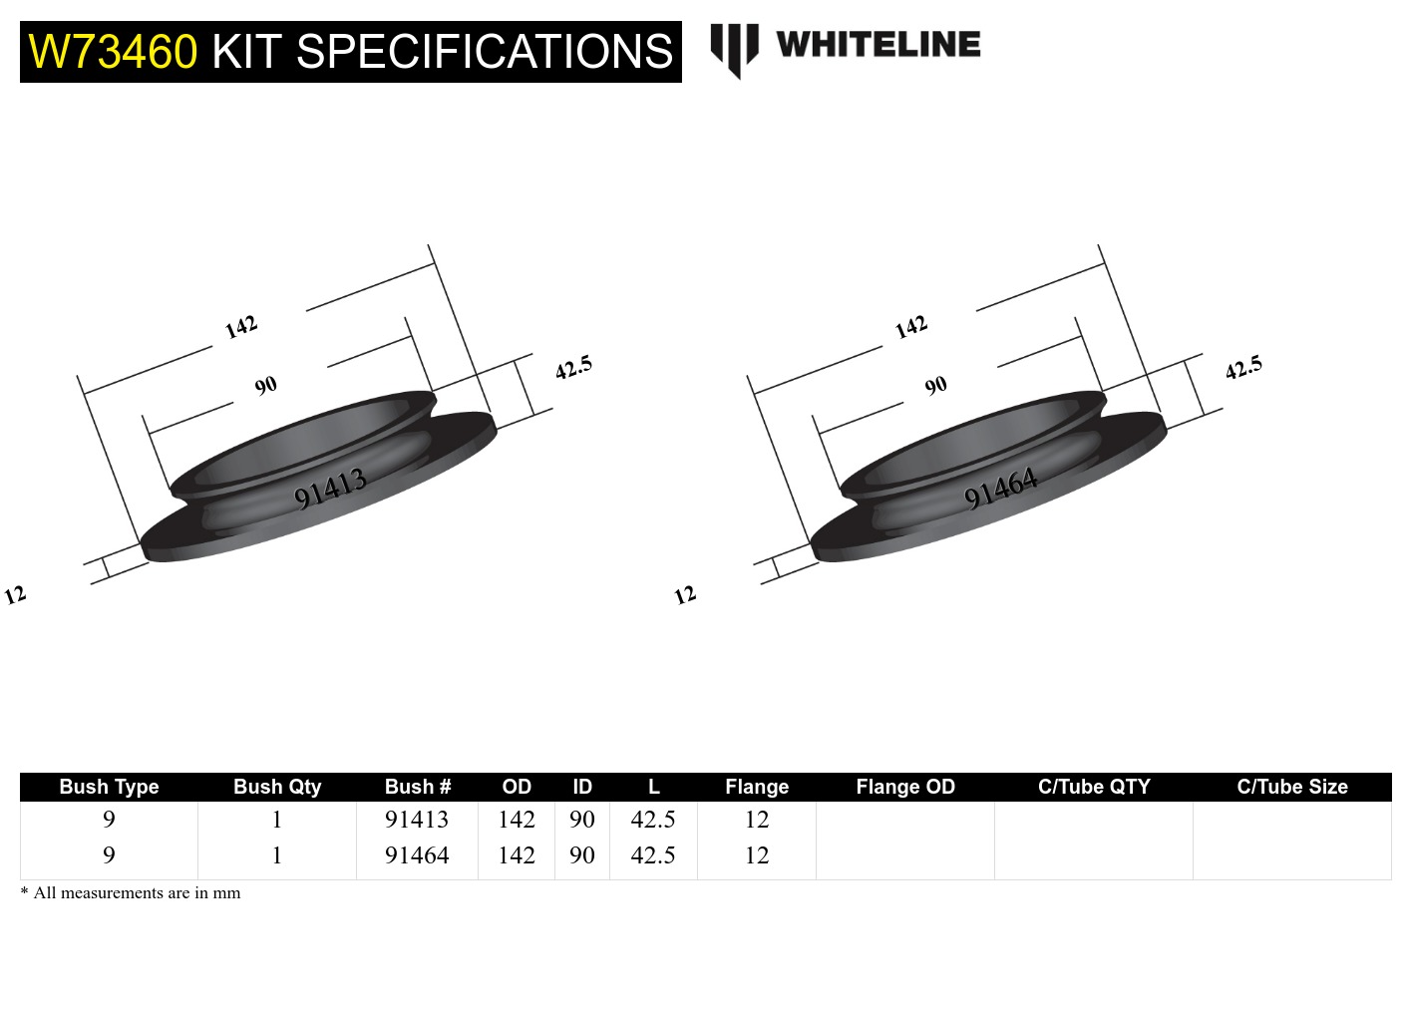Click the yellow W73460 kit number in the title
(113, 52)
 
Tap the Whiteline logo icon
(734, 49)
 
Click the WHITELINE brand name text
(878, 45)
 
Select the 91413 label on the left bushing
(331, 489)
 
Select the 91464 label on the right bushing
(1001, 489)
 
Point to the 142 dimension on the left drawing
(241, 327)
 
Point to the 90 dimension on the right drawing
(935, 386)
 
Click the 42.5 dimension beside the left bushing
(573, 368)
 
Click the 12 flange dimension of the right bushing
(685, 595)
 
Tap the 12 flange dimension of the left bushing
(15, 595)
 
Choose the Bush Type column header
(109, 787)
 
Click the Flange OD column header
(904, 787)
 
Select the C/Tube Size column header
(1291, 787)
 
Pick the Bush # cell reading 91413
(417, 820)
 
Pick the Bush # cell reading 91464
(417, 855)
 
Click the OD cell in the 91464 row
(517, 855)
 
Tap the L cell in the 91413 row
(653, 820)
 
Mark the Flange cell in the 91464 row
(757, 855)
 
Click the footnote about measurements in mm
(131, 893)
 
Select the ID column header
(582, 787)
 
